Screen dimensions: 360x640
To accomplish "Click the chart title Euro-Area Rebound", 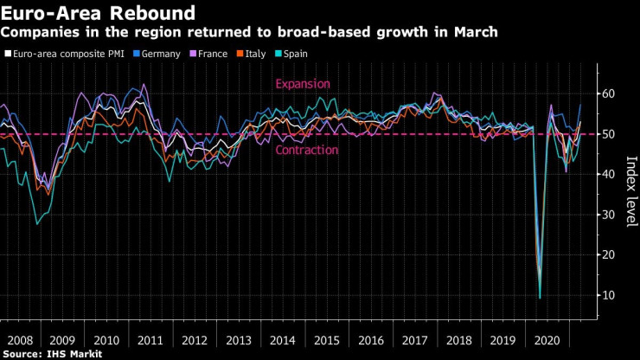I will click(98, 13).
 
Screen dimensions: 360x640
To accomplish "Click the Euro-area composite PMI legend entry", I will click(64, 54).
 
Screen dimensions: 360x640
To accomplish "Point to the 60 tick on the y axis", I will click(609, 93).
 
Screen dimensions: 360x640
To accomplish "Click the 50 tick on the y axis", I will click(609, 134).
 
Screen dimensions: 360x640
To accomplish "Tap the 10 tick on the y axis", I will click(609, 295).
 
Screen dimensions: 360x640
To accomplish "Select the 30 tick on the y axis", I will click(609, 215).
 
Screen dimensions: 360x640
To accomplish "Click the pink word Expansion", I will click(303, 84).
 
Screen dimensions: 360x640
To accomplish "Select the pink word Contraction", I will click(307, 150).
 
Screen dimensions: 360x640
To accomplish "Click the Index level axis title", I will click(630, 191).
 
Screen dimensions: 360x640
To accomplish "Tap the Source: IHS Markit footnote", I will click(53, 354).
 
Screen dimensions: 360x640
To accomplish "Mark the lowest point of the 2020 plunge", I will click(540, 298).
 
